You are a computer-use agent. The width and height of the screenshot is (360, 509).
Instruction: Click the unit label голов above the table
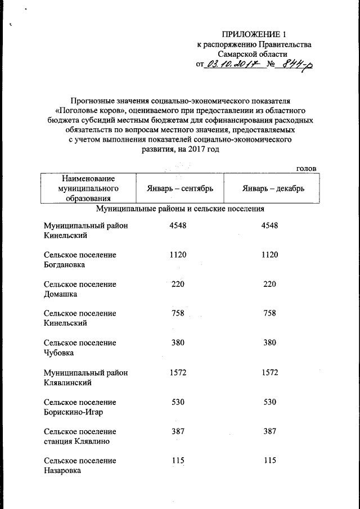click(x=306, y=168)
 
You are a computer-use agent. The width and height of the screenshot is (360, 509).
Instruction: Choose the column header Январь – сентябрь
click(x=177, y=188)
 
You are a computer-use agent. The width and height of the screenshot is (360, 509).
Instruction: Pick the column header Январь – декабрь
click(x=273, y=188)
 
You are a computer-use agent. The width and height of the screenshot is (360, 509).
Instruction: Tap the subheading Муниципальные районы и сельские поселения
click(x=180, y=209)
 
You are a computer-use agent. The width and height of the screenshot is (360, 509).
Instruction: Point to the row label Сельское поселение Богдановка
click(x=80, y=259)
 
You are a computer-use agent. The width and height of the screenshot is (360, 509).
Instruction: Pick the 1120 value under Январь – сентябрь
click(x=178, y=255)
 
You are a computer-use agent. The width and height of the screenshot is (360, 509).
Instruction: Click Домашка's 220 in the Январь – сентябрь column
click(x=178, y=284)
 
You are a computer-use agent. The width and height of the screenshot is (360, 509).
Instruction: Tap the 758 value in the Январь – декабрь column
click(x=269, y=313)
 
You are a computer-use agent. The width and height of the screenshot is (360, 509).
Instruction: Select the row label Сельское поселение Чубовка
click(x=80, y=347)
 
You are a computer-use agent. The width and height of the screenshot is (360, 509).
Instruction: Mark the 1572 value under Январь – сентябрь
click(x=178, y=372)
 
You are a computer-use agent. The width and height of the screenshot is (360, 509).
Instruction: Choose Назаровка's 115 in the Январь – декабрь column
click(x=269, y=460)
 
